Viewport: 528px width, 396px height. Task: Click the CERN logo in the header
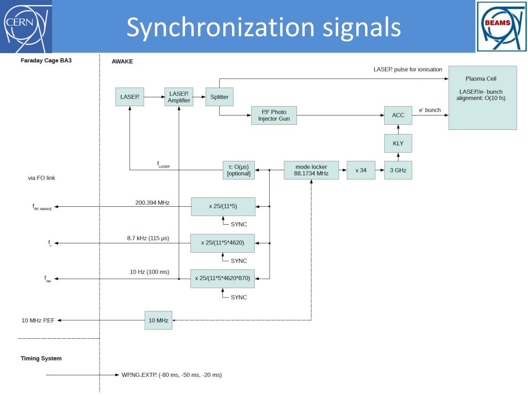pyautogui.click(x=26, y=26)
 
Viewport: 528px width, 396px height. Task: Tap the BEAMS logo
pyautogui.click(x=501, y=27)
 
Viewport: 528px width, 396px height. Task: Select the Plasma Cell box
pyautogui.click(x=483, y=97)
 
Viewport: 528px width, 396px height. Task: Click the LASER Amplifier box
pyautogui.click(x=179, y=97)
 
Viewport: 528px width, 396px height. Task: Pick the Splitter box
pyautogui.click(x=219, y=97)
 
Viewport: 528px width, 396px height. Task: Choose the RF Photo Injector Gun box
pyautogui.click(x=274, y=115)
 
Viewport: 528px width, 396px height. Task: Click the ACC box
pyautogui.click(x=398, y=115)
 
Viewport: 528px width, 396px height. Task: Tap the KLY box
pyautogui.click(x=398, y=143)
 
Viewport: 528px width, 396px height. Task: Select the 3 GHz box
pyautogui.click(x=398, y=170)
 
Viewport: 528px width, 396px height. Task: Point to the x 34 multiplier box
pyautogui.click(x=361, y=170)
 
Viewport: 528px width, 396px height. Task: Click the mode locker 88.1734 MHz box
pyautogui.click(x=311, y=170)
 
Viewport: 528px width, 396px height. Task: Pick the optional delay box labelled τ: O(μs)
pyautogui.click(x=239, y=170)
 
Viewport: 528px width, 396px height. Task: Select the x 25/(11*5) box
pyautogui.click(x=223, y=206)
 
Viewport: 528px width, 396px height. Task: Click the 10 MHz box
pyautogui.click(x=158, y=321)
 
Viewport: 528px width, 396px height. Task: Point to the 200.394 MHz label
pyautogui.click(x=152, y=203)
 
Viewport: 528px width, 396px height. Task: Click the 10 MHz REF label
pyautogui.click(x=38, y=321)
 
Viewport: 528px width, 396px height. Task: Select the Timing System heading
pyautogui.click(x=41, y=359)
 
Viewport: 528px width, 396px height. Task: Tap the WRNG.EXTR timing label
pyautogui.click(x=172, y=375)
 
